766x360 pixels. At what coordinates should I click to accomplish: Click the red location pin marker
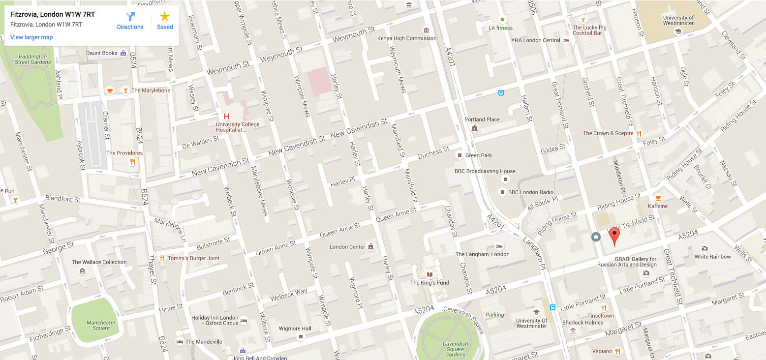[x=614, y=235]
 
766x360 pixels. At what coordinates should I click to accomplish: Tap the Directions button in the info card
[x=130, y=21]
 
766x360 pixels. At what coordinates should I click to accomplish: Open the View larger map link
[x=31, y=37]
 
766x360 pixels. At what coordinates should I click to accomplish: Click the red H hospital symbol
[x=226, y=117]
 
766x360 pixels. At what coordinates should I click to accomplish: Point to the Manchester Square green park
[x=95, y=320]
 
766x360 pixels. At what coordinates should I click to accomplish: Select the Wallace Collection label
[x=99, y=262]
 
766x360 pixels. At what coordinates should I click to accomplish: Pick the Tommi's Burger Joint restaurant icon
[x=162, y=258]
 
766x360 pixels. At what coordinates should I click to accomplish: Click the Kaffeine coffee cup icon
[x=658, y=198]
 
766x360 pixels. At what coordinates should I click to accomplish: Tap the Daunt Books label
[x=102, y=53]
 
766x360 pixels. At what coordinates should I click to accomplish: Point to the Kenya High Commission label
[x=407, y=38]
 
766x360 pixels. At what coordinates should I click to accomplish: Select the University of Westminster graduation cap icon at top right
[x=678, y=31]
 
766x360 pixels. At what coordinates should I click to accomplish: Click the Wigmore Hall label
[x=295, y=329]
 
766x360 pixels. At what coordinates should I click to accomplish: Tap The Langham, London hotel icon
[x=499, y=246]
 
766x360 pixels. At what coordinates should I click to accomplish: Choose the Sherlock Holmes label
[x=582, y=323]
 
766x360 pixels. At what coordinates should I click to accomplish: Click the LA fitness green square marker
[x=502, y=20]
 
